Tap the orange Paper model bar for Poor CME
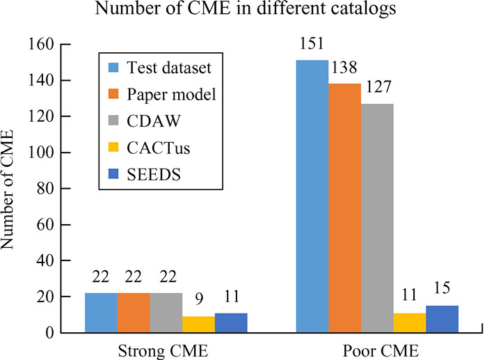coord(344,208)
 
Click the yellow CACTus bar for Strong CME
coord(198,324)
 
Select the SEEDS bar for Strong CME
coord(231,322)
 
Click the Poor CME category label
coord(377,348)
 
